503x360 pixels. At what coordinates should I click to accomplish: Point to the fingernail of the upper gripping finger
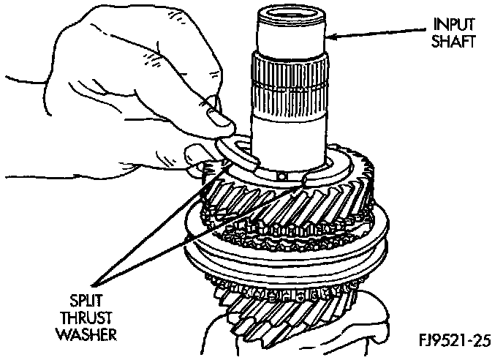pyautogui.click(x=216, y=116)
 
